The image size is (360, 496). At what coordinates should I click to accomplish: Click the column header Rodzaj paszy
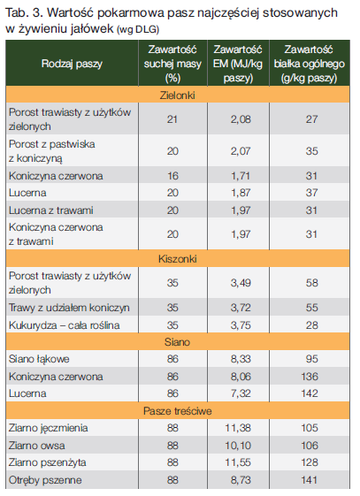pyautogui.click(x=72, y=64)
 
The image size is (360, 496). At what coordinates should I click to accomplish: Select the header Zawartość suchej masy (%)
pyautogui.click(x=172, y=64)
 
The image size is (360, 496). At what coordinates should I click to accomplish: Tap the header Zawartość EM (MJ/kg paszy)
pyautogui.click(x=238, y=64)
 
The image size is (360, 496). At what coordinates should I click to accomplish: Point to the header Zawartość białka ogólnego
pyautogui.click(x=309, y=64)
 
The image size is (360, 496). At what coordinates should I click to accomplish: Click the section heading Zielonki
pyautogui.click(x=177, y=95)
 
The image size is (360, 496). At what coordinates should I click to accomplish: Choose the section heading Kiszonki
pyautogui.click(x=178, y=259)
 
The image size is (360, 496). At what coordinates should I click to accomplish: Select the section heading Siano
pyautogui.click(x=177, y=342)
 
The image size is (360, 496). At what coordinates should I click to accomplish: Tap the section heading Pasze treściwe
pyautogui.click(x=178, y=411)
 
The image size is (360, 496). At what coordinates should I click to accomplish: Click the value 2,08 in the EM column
pyautogui.click(x=241, y=119)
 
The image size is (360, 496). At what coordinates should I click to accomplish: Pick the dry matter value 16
pyautogui.click(x=172, y=176)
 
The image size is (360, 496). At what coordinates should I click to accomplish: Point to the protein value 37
pyautogui.click(x=311, y=193)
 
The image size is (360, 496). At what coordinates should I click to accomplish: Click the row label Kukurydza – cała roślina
pyautogui.click(x=65, y=325)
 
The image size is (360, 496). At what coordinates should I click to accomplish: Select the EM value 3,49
pyautogui.click(x=241, y=283)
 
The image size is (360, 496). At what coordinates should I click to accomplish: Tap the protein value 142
pyautogui.click(x=310, y=393)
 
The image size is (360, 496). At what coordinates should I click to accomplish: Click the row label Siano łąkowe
pyautogui.click(x=39, y=359)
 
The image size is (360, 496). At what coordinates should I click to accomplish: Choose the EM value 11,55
pyautogui.click(x=238, y=462)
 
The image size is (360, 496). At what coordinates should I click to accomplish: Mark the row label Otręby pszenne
pyautogui.click(x=45, y=480)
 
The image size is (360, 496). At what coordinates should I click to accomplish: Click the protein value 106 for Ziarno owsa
pyautogui.click(x=310, y=446)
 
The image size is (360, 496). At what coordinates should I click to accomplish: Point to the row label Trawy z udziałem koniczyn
pyautogui.click(x=69, y=308)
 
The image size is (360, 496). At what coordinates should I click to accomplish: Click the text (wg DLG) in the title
pyautogui.click(x=138, y=29)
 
